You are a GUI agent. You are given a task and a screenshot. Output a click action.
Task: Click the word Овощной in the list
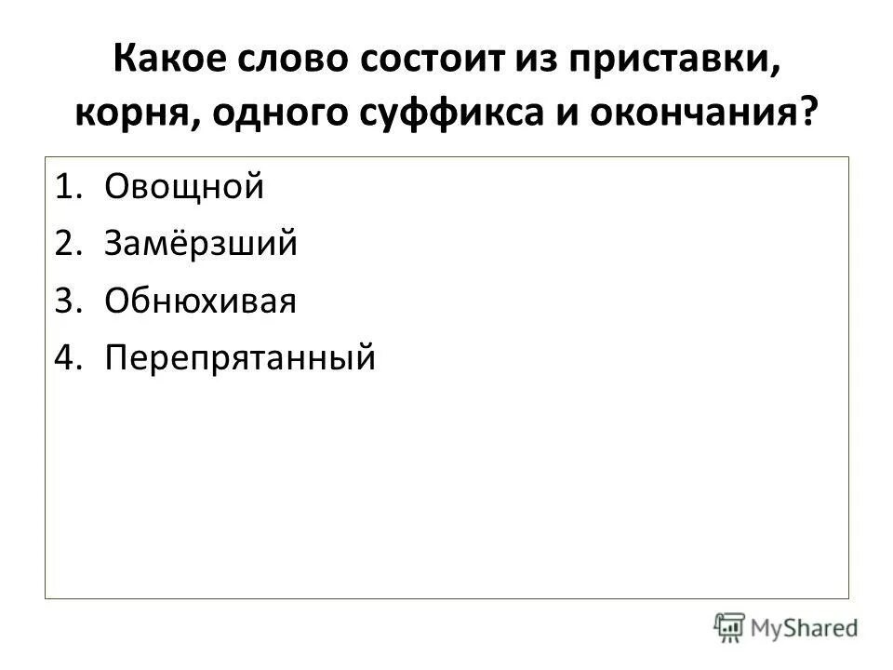click(x=184, y=187)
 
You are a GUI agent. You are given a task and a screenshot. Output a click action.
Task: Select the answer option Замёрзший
click(x=201, y=244)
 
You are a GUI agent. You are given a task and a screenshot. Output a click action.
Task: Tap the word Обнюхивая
click(x=200, y=301)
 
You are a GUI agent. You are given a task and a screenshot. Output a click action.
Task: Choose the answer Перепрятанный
click(x=240, y=357)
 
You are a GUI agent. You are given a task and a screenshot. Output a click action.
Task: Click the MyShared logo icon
click(x=729, y=627)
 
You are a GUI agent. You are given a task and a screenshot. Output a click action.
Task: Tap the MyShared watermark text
click(x=805, y=628)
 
